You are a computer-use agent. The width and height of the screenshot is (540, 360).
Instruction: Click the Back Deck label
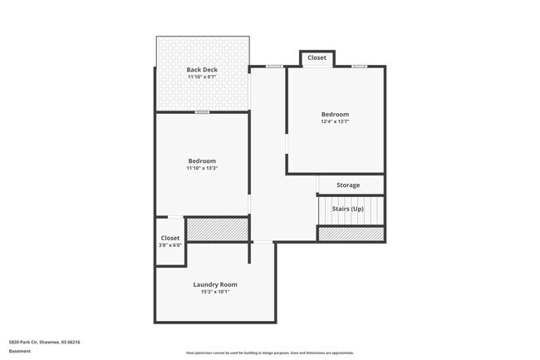[202, 70]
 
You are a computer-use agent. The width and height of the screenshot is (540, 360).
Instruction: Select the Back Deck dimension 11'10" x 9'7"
[202, 77]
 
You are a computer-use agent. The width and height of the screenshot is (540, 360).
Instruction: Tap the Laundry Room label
[215, 284]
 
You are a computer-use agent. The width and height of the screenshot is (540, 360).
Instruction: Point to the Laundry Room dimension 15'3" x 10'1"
[215, 292]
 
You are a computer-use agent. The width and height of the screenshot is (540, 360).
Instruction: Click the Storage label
[348, 185]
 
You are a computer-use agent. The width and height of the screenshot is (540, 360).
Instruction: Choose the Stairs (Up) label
[347, 208]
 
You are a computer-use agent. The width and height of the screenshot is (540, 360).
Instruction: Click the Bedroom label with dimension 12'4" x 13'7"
[335, 114]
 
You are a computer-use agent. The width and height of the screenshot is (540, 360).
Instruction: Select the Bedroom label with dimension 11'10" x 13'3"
[202, 160]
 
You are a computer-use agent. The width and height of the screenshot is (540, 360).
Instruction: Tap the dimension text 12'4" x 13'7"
[335, 121]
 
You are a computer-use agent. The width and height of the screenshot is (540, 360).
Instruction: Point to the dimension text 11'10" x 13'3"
[202, 168]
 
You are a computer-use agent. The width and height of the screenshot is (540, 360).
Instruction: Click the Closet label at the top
[317, 57]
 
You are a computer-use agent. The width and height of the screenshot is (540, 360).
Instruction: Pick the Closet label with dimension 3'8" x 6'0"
[170, 238]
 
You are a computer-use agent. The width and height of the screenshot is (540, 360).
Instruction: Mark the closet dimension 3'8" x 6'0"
[170, 245]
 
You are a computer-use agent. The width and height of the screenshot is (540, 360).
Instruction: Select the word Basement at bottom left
[19, 351]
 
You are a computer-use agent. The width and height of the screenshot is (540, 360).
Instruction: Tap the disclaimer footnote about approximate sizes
[269, 353]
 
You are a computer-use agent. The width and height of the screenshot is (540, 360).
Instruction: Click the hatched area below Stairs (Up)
[351, 234]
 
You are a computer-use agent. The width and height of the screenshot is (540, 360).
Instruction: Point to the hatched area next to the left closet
[217, 229]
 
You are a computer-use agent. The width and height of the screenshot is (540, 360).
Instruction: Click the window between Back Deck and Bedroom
[202, 111]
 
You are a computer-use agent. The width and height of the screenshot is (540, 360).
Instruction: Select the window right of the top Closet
[359, 67]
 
